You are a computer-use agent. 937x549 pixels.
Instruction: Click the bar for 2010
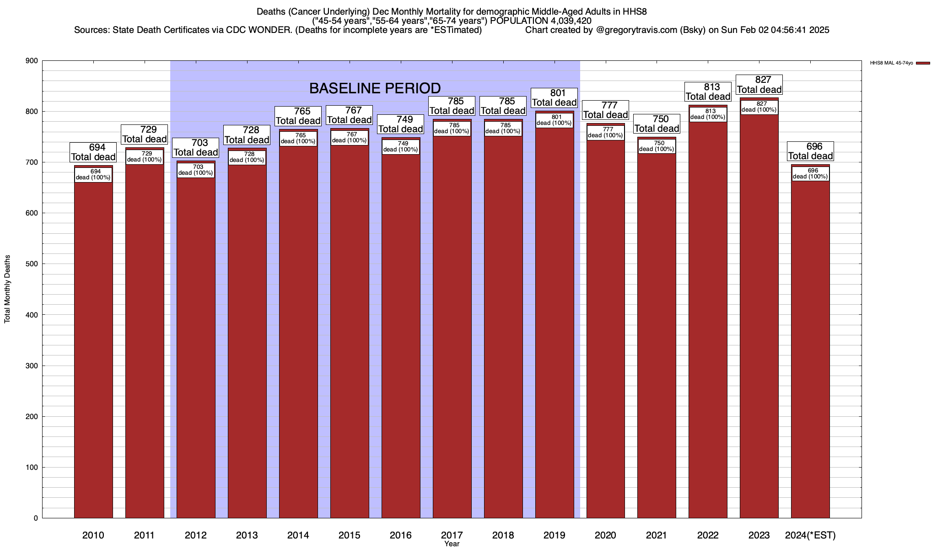(93, 348)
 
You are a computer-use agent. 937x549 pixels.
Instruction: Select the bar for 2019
(555, 320)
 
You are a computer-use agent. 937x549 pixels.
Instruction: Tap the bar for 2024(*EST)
(810, 348)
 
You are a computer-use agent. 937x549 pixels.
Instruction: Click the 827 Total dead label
(759, 85)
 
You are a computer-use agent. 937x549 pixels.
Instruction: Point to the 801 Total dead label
(555, 98)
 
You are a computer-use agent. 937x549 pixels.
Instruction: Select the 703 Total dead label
(196, 148)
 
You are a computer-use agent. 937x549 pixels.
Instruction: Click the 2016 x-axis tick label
(401, 535)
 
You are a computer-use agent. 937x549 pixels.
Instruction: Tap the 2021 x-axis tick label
(657, 535)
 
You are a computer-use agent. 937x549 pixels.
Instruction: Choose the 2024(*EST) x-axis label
(810, 535)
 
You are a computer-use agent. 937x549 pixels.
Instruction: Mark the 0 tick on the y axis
(35, 518)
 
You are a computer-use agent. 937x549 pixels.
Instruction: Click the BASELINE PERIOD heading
(375, 88)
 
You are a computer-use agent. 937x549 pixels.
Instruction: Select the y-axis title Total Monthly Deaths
(7, 289)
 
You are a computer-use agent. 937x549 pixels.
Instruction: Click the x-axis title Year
(452, 544)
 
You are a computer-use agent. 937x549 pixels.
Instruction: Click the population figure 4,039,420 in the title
(566, 21)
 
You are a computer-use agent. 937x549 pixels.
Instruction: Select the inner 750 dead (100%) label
(657, 146)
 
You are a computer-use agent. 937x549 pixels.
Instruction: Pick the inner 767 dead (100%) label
(350, 137)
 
